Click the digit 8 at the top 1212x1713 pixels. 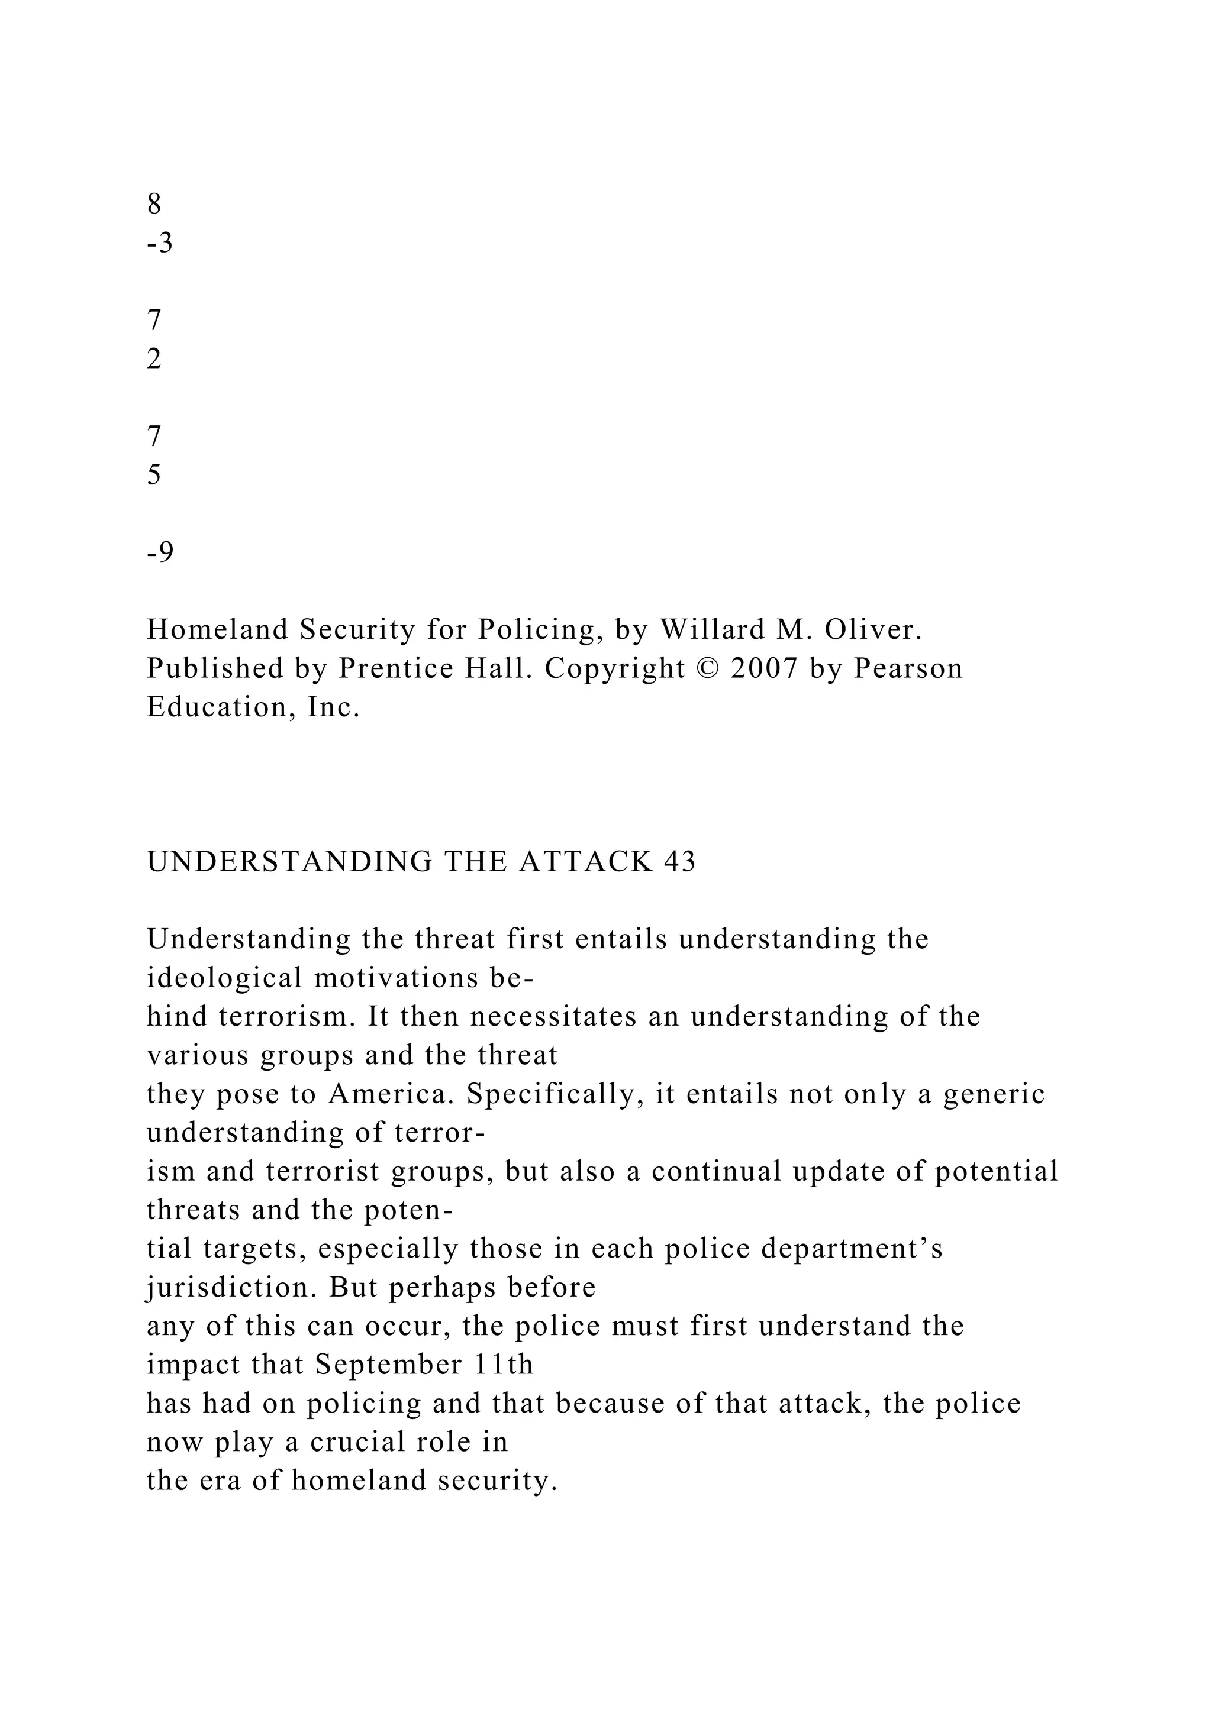[154, 203]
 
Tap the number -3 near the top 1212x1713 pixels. [160, 243]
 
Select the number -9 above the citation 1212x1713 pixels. [160, 552]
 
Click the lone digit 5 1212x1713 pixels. [154, 475]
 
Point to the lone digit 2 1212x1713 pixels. [154, 360]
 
